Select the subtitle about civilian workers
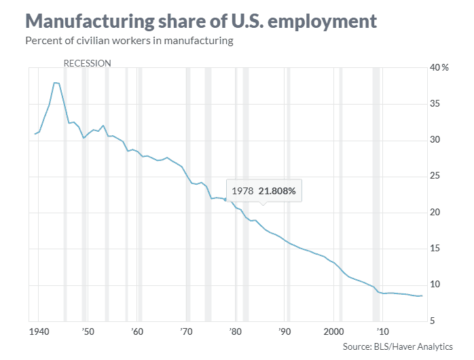[129, 41]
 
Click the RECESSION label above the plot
[87, 63]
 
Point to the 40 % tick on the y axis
[439, 68]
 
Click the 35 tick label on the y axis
[437, 104]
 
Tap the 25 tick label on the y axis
[437, 177]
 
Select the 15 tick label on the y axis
[437, 249]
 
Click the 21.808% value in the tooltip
[277, 191]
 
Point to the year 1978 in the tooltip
[242, 191]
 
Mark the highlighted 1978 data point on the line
[225, 200]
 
